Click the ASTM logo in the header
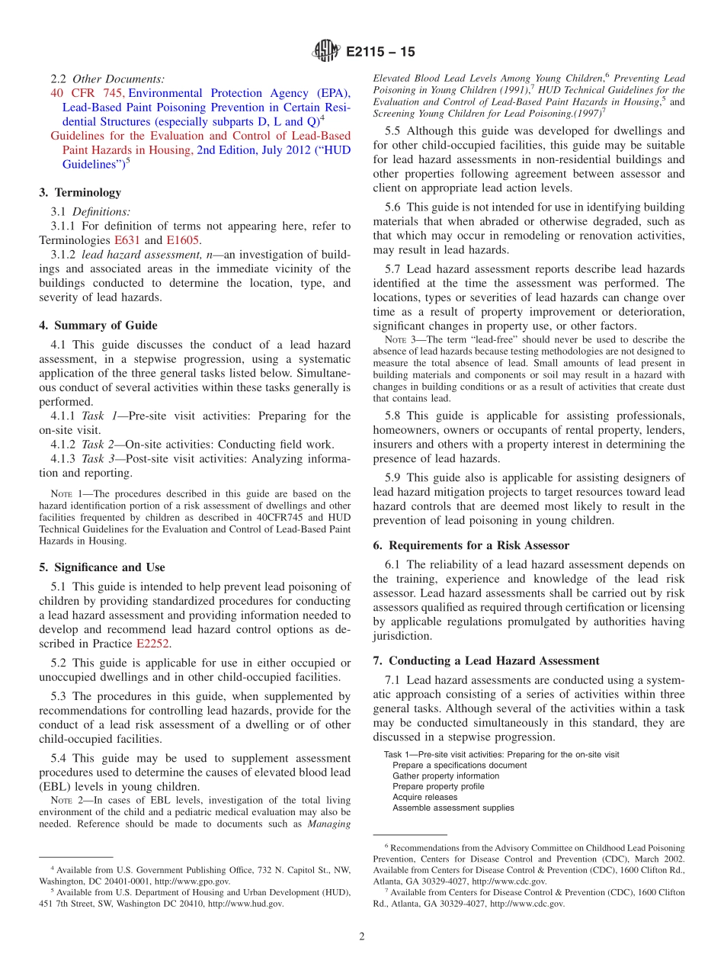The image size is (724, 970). tap(326, 52)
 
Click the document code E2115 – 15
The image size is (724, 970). tap(380, 53)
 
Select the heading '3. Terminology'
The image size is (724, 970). tap(80, 193)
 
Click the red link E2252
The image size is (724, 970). tap(153, 644)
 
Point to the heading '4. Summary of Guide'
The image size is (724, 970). tap(98, 326)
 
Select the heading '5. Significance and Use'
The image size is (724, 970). tap(102, 567)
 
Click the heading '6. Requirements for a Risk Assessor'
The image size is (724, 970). tap(479, 545)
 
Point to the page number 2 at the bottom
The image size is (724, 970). tap(362, 936)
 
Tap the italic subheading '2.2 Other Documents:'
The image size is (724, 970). tap(107, 79)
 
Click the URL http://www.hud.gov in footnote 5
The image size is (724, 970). tap(245, 904)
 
